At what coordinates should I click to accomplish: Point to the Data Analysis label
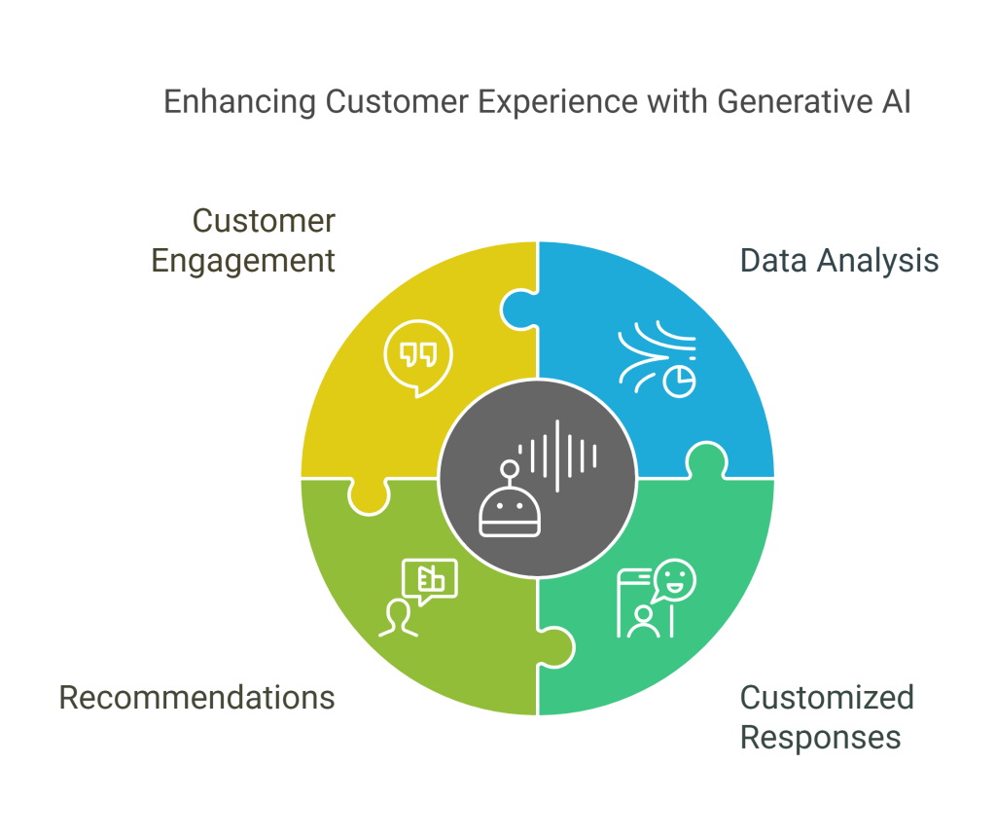[x=839, y=261]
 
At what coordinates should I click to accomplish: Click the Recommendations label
[x=197, y=697]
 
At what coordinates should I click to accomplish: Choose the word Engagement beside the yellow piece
[x=244, y=261]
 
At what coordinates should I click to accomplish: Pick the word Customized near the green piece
[x=827, y=697]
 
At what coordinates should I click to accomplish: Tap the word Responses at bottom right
[x=820, y=737]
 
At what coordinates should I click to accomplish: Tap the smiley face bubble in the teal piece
[x=675, y=581]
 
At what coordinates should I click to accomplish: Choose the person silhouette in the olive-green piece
[x=398, y=619]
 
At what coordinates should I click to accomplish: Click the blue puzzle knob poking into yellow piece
[x=516, y=310]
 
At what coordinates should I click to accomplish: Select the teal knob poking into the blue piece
[x=706, y=459]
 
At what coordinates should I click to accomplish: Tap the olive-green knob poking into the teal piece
[x=555, y=644]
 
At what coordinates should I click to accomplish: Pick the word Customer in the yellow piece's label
[x=264, y=220]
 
